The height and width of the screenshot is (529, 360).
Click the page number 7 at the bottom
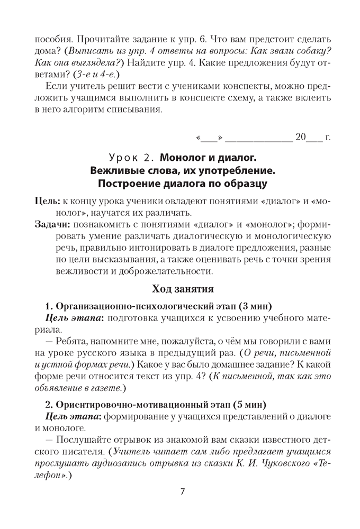[x=182, y=491]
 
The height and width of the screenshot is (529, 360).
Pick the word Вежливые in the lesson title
[x=115, y=171]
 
